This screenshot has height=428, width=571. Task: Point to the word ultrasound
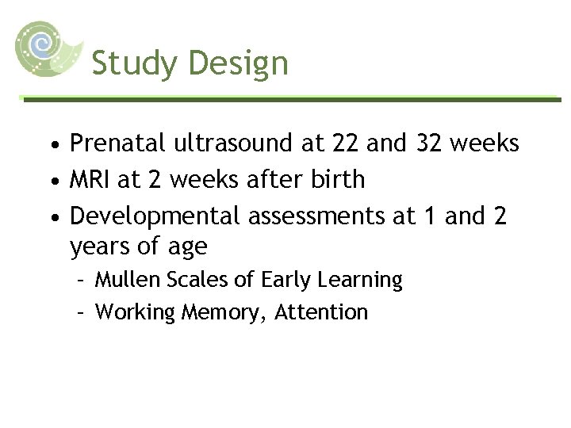tap(232, 143)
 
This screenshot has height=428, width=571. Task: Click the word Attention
tap(321, 312)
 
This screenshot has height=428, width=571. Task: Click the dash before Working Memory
tap(80, 312)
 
